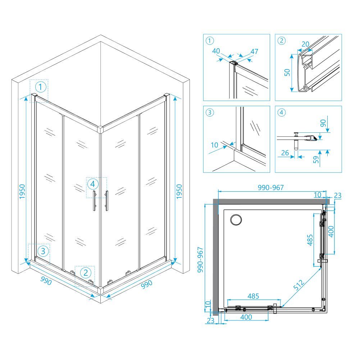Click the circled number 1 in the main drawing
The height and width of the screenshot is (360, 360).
pyautogui.click(x=41, y=87)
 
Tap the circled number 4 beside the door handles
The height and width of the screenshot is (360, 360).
pyautogui.click(x=93, y=184)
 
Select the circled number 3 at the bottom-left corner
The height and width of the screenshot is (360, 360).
pyautogui.click(x=43, y=251)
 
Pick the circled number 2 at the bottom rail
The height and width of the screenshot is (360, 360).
pyautogui.click(x=86, y=273)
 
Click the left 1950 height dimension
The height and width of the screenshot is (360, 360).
pyautogui.click(x=22, y=191)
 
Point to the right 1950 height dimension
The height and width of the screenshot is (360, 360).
pyautogui.click(x=179, y=191)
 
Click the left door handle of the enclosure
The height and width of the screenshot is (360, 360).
pyautogui.click(x=94, y=200)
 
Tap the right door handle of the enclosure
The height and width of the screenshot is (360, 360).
pyautogui.click(x=106, y=200)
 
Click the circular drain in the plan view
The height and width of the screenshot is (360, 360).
pyautogui.click(x=236, y=220)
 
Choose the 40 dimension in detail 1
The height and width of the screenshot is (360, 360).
pyautogui.click(x=216, y=51)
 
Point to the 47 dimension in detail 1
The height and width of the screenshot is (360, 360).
pyautogui.click(x=254, y=51)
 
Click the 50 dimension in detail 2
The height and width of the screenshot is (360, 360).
pyautogui.click(x=287, y=72)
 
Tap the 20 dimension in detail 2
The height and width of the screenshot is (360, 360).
pyautogui.click(x=305, y=44)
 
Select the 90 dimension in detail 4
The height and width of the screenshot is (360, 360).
pyautogui.click(x=323, y=123)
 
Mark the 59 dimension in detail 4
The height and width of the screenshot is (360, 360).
pyautogui.click(x=316, y=159)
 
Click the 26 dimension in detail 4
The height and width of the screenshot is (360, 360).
pyautogui.click(x=285, y=153)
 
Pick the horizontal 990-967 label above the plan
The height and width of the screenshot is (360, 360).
pyautogui.click(x=271, y=188)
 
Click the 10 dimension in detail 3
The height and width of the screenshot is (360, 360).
pyautogui.click(x=214, y=145)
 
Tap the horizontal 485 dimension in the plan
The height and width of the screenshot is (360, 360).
pyautogui.click(x=253, y=296)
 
